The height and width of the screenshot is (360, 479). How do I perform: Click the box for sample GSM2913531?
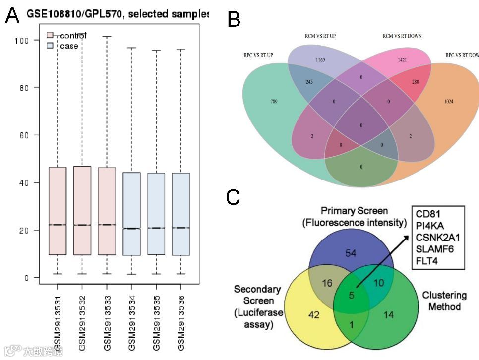point(58,211)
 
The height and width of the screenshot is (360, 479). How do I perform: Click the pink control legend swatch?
point(50,35)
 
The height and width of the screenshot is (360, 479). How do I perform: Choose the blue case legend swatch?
point(50,46)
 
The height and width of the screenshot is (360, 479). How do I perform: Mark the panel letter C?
point(233,197)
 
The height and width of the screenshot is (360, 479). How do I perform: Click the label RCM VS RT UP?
point(323,36)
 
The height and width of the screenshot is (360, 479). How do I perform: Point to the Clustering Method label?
point(444,301)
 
